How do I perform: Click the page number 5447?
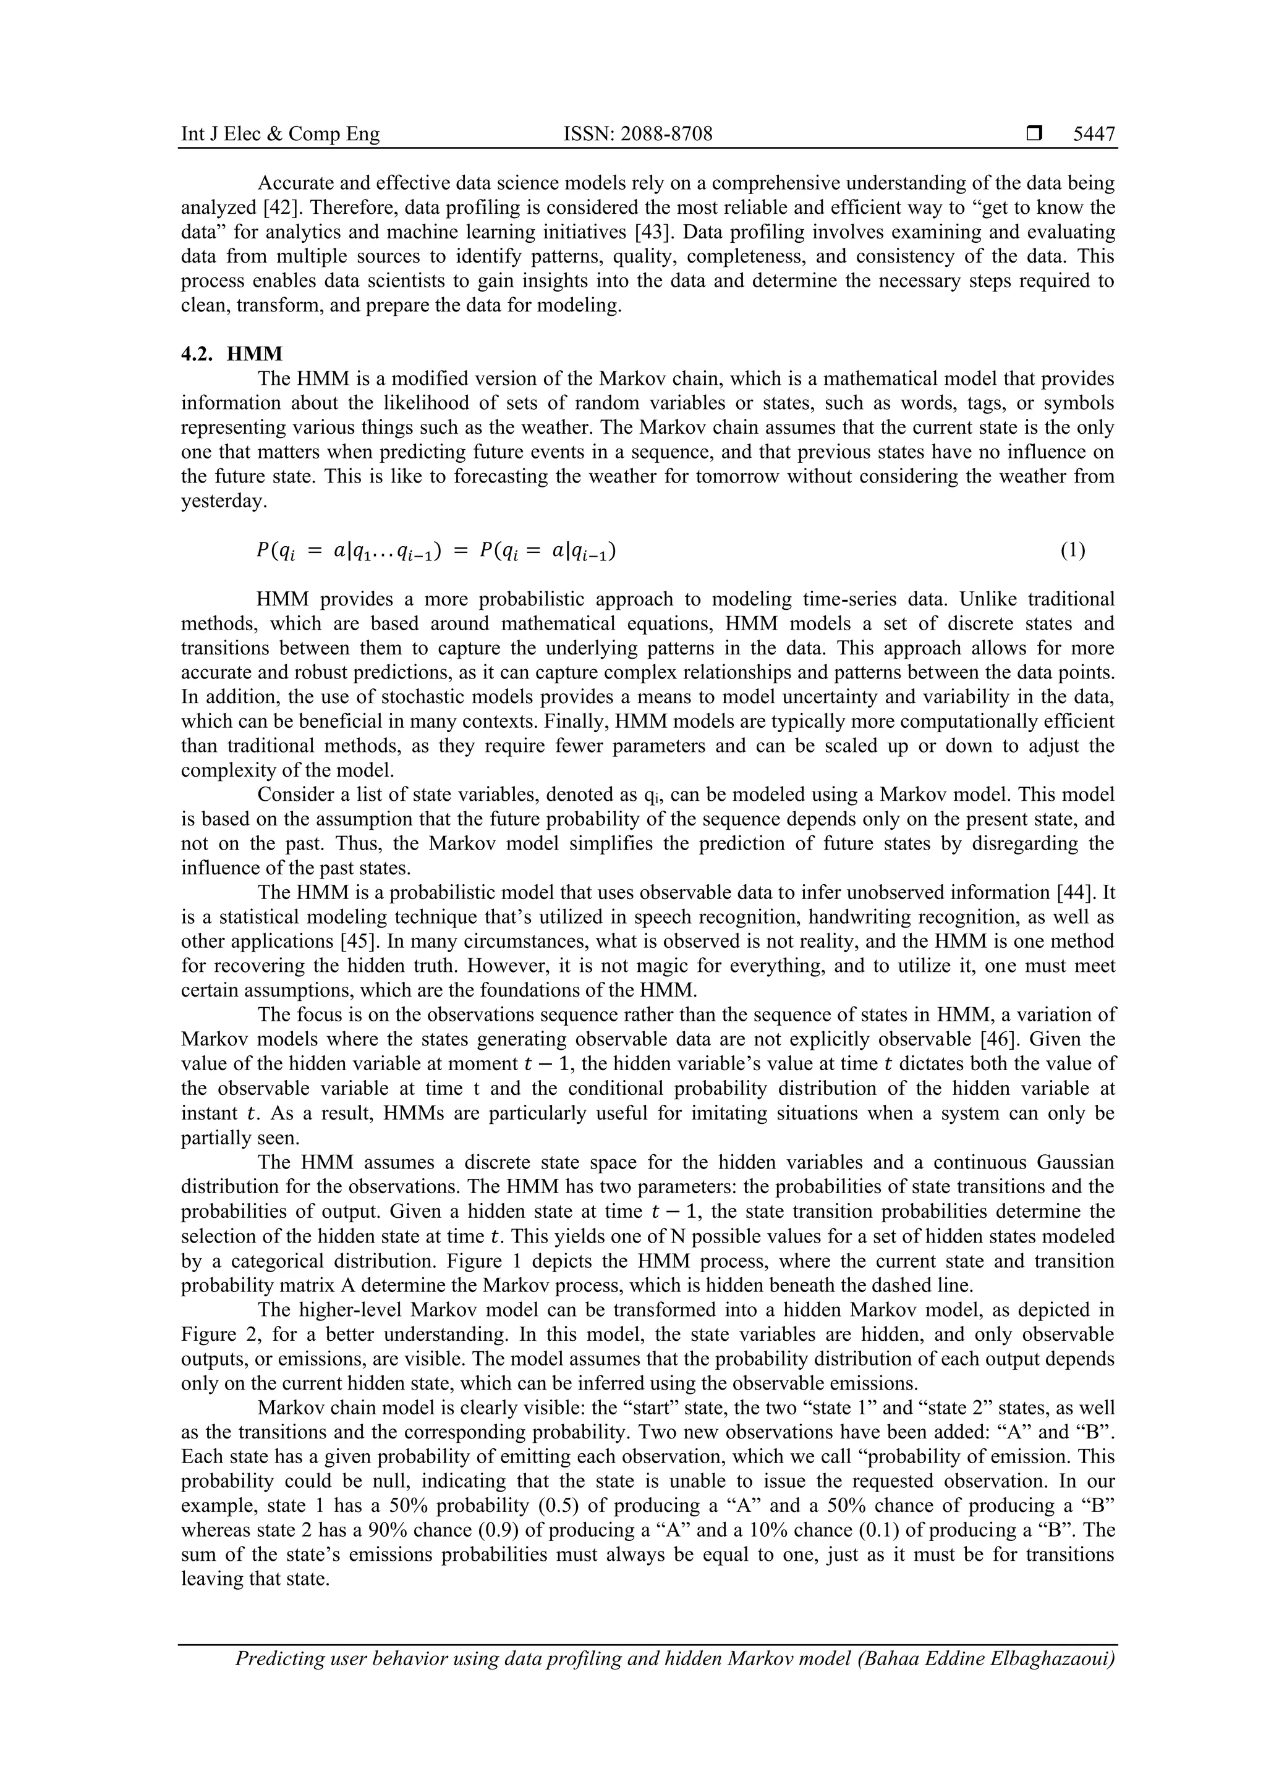(1094, 134)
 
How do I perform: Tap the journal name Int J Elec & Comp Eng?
(280, 134)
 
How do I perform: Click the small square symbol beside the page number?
(1034, 134)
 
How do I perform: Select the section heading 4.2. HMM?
(232, 354)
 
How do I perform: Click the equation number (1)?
(1072, 551)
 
